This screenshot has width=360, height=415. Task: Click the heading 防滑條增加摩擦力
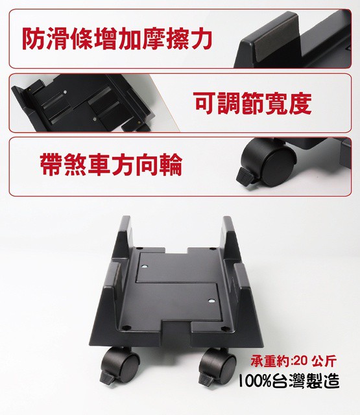[x=117, y=39]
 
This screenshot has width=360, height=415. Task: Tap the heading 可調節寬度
[x=252, y=103]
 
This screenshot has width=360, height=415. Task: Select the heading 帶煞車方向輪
[x=111, y=164]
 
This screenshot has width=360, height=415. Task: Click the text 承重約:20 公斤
[x=294, y=361]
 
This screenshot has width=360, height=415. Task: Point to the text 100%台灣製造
[x=289, y=381]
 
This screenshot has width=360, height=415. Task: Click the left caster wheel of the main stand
[x=123, y=364]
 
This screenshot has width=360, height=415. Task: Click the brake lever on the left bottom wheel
[x=107, y=378]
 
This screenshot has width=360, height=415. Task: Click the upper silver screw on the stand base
[x=144, y=267]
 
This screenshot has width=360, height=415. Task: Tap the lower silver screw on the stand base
[x=211, y=301]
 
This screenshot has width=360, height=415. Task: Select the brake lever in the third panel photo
[x=245, y=176]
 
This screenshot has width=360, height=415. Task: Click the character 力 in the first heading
[x=201, y=39]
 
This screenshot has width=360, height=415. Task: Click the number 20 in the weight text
[x=300, y=361]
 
